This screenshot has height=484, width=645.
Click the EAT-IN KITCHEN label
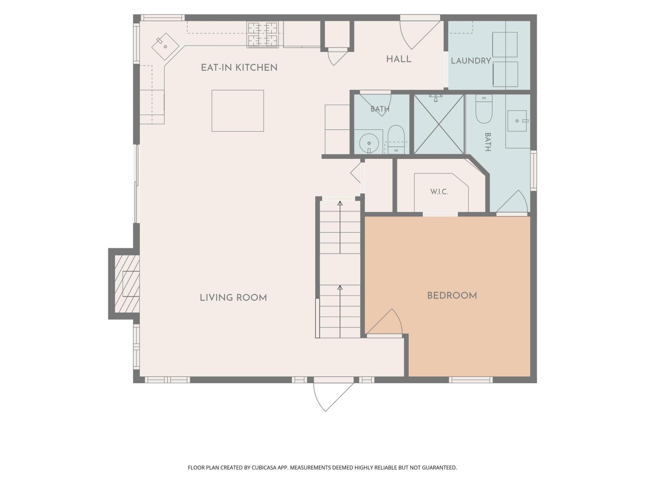pos(239,68)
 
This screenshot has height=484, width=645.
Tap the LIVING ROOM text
pos(233,298)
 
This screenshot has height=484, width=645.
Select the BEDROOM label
pos(451,296)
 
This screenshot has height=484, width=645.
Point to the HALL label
pos(398,59)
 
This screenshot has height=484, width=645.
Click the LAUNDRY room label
pos(471,61)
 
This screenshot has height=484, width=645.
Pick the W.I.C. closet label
pos(439,192)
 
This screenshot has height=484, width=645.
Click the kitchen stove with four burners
pos(262,35)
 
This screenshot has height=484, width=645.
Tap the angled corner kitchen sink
pos(165,46)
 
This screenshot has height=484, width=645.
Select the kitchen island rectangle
pos(237,111)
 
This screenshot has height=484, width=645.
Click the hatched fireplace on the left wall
pos(127,284)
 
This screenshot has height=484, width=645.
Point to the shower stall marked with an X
pos(439,124)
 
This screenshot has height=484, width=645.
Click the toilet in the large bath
pos(484,109)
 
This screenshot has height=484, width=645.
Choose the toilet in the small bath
pos(396,139)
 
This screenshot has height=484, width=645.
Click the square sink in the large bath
pos(517,121)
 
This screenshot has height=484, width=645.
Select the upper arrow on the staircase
pos(340,227)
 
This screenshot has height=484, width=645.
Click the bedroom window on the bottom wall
pos(470,380)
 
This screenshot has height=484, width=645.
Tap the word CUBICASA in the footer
pos(264,467)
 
